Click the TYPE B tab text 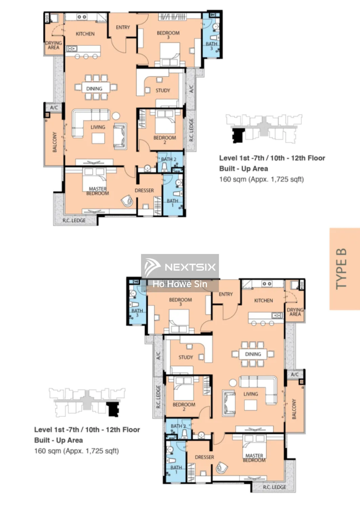(341, 269)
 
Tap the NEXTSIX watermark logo (180, 267)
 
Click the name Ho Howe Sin (179, 284)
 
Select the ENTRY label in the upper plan (123, 27)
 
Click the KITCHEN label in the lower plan (263, 301)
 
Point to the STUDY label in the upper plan (163, 90)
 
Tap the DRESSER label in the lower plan (204, 457)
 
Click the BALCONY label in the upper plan (55, 142)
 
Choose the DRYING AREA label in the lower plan (295, 312)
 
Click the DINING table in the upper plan (94, 88)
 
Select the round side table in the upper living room (116, 116)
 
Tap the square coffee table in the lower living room (251, 405)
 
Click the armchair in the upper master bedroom (127, 201)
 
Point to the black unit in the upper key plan (238, 135)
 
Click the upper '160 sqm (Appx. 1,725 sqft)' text (261, 179)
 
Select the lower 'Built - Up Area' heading (59, 440)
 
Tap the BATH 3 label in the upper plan (211, 46)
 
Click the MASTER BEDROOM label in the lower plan (254, 458)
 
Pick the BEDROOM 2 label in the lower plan (184, 407)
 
